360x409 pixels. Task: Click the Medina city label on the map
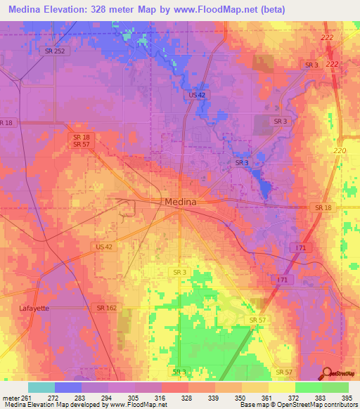180,202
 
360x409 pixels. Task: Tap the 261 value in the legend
27,398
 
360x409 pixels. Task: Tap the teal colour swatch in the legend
41,387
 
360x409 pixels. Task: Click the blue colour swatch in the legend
67,387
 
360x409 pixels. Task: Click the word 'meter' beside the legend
10,398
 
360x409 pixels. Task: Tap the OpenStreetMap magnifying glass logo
326,375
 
